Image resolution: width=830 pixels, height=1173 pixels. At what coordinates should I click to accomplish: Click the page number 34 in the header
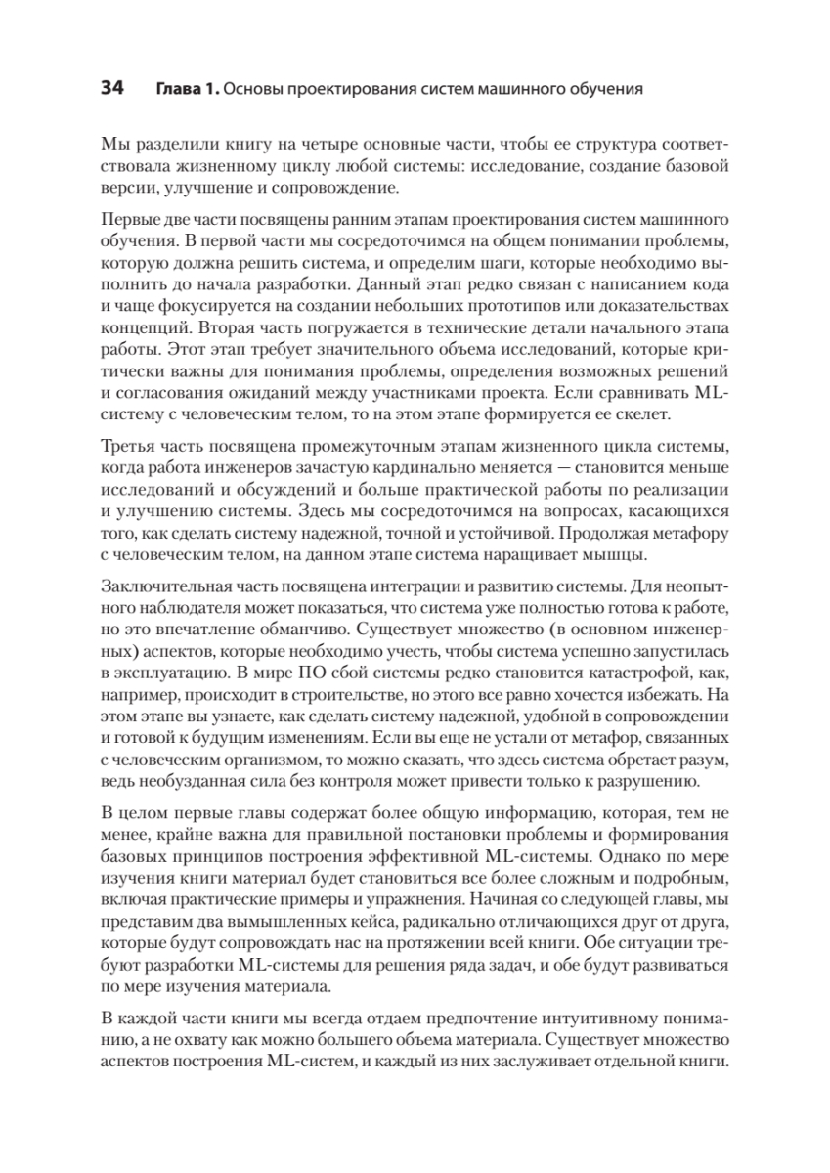[x=109, y=89]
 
